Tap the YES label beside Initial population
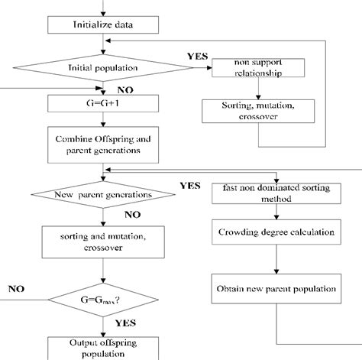coord(196,57)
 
